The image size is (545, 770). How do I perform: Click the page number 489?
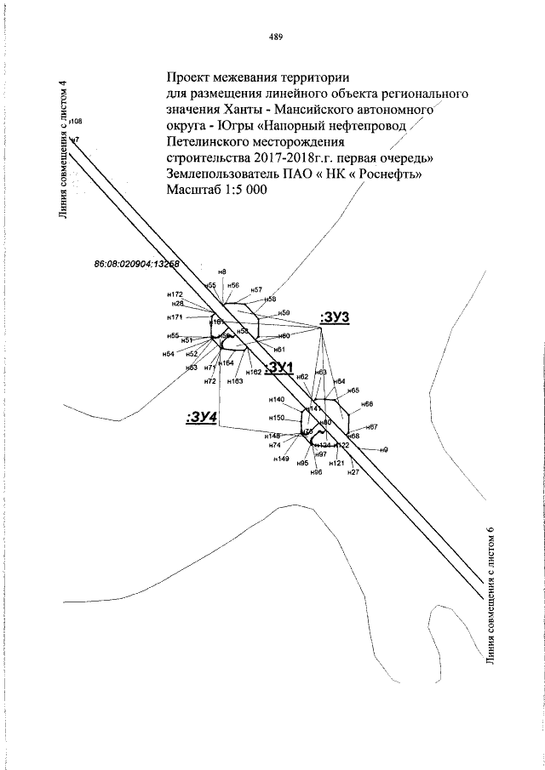(x=274, y=37)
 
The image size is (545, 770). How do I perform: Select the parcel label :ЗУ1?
(x=279, y=367)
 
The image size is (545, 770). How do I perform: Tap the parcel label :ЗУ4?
(x=202, y=417)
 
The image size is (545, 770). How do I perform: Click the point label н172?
(x=175, y=294)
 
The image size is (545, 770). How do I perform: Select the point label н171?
(x=175, y=317)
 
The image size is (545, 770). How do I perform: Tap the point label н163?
(x=234, y=382)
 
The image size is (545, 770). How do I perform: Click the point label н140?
(x=276, y=400)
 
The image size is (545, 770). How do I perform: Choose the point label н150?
(x=276, y=418)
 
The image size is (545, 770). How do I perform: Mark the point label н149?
(x=280, y=459)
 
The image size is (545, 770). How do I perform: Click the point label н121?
(x=336, y=464)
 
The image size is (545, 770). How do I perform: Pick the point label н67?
(x=371, y=426)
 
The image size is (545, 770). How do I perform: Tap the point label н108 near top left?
(x=75, y=122)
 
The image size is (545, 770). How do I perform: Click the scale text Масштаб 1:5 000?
(x=217, y=190)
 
